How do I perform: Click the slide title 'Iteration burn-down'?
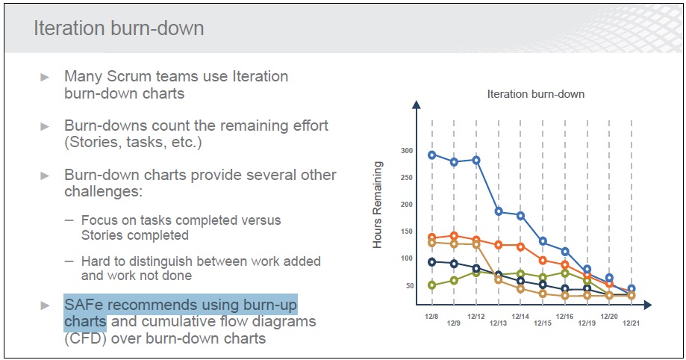(119, 28)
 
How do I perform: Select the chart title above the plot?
(535, 94)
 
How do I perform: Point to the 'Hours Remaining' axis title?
(377, 205)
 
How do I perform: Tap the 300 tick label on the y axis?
(407, 151)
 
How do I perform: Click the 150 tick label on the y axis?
(407, 232)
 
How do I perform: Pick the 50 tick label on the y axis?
(410, 285)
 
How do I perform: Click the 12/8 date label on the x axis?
(431, 316)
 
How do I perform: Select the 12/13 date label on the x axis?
(498, 323)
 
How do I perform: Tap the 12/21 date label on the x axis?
(631, 323)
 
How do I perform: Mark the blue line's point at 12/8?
(431, 155)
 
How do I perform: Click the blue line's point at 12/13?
(499, 211)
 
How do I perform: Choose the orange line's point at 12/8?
(431, 238)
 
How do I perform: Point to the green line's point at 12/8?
(431, 285)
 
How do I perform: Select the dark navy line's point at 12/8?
(431, 262)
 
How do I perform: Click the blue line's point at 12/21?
(632, 289)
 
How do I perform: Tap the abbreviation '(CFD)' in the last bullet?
(85, 338)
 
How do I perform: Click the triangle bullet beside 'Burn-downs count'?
(45, 126)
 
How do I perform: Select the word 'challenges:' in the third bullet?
(103, 191)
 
